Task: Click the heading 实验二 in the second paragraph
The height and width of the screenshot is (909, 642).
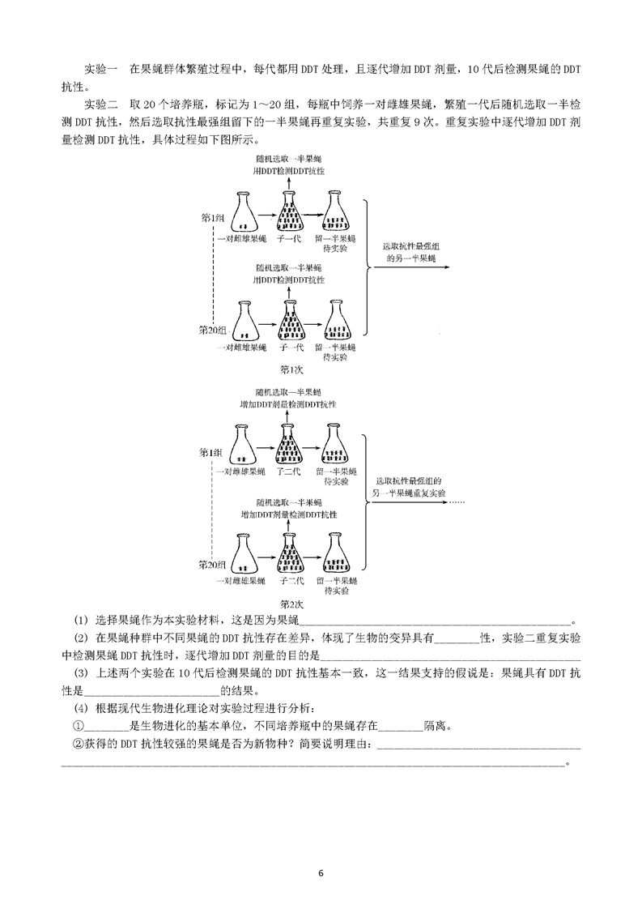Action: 101,105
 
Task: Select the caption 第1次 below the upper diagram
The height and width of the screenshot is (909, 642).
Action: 291,369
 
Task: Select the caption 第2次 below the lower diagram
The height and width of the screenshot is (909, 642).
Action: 291,604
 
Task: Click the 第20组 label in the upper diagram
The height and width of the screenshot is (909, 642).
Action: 212,330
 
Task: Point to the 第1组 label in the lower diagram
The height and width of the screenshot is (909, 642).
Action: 211,453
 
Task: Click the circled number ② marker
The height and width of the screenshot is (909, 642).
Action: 79,744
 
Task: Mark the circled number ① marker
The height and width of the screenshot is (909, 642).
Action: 79,726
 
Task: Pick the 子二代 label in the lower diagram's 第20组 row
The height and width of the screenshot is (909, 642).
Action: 291,581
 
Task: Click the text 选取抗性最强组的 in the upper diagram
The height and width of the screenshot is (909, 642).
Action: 410,246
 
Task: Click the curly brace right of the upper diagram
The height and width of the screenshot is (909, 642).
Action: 366,267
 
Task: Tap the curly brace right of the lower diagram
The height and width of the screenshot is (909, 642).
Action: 366,502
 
